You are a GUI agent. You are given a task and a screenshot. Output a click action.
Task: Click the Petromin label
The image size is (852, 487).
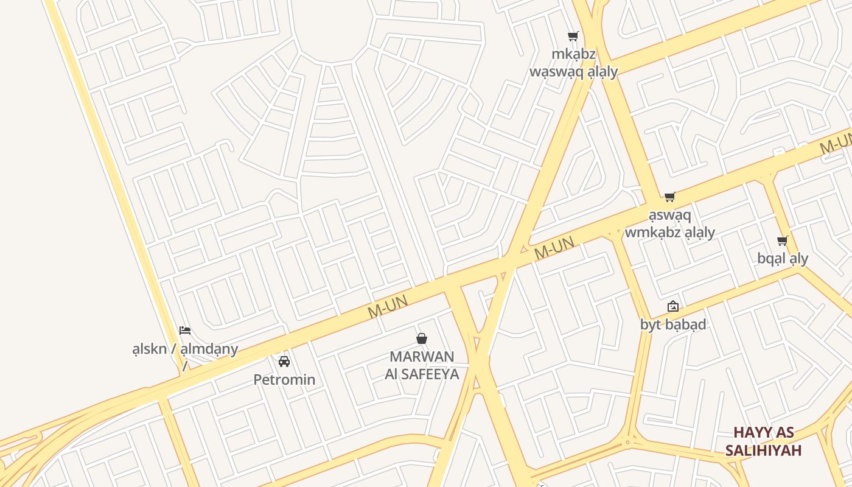point(284,380)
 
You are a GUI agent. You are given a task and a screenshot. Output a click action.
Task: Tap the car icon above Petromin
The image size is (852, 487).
point(284,362)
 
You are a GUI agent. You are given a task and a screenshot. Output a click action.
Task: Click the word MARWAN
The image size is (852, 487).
point(422,357)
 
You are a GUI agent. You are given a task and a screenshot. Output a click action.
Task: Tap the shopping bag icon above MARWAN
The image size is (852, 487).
point(421,338)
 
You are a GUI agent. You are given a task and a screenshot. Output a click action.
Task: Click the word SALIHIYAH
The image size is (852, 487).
point(763,450)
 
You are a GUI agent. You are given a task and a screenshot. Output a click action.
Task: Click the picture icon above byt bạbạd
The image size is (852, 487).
point(673,306)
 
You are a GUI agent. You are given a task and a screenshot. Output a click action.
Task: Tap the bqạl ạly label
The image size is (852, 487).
point(783,259)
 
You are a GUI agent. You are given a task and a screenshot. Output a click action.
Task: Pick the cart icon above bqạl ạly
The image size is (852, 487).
point(783,241)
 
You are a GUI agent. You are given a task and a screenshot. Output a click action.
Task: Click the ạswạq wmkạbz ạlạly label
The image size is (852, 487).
point(670,224)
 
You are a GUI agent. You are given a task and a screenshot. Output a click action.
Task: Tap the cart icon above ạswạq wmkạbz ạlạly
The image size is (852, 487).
point(670,197)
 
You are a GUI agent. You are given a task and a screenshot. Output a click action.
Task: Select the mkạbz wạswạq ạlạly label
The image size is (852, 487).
point(573,63)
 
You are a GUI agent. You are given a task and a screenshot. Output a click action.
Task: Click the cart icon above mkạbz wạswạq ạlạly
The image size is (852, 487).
point(573,37)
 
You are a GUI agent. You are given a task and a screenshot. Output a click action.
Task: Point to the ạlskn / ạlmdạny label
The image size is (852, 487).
point(185,349)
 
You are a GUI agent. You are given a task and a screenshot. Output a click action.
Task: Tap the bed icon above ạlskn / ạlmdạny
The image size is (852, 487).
point(185,331)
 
